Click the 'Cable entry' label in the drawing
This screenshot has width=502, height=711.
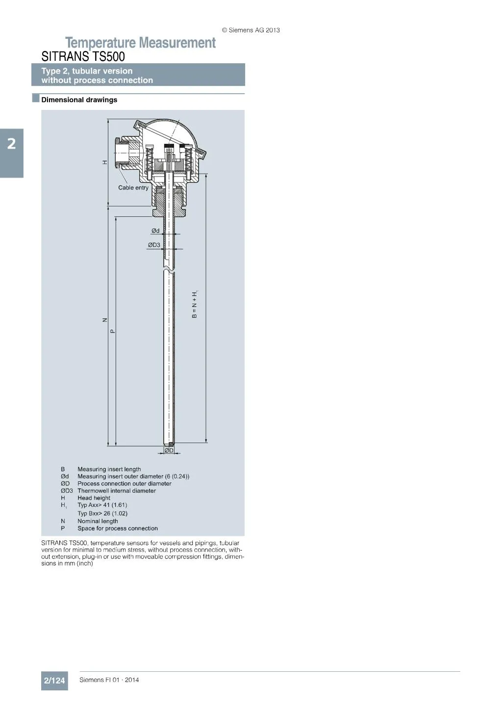pos(133,188)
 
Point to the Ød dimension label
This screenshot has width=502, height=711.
pos(155,231)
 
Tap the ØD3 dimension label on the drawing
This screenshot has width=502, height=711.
pos(154,245)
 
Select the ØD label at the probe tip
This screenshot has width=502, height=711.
pos(169,450)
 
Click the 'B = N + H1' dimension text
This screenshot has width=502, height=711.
pos(195,304)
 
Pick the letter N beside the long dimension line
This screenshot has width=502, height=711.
pos(104,320)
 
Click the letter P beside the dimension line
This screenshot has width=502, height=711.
pos(113,331)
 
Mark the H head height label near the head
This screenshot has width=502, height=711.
pos(104,162)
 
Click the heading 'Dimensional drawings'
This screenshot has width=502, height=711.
pos(79,100)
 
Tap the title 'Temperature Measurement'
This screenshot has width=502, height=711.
pos(140,43)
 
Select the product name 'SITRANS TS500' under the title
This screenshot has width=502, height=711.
pos(83,56)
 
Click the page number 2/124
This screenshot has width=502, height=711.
pos(54,681)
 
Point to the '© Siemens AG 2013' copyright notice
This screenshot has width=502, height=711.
pos(251,30)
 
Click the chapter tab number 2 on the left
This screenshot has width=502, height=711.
pos(11,144)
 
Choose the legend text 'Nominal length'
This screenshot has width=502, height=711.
pos(98,521)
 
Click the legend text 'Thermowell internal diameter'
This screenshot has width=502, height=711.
pos(117,491)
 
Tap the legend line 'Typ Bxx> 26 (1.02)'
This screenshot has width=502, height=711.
pos(102,513)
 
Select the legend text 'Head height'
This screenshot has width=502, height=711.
pos(94,498)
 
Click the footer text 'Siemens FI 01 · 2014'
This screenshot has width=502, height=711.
pos(109,680)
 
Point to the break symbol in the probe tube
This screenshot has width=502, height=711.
pos(169,269)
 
